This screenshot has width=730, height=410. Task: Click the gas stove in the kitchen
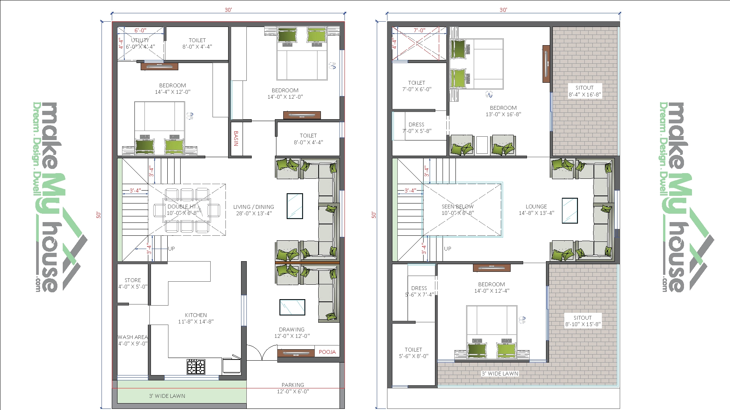pyautogui.click(x=196, y=367)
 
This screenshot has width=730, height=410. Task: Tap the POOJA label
pyautogui.click(x=327, y=352)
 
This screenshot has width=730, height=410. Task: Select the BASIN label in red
pyautogui.click(x=236, y=139)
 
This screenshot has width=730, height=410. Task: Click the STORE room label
pyautogui.click(x=133, y=280)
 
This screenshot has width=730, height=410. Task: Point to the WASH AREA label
pyautogui.click(x=133, y=337)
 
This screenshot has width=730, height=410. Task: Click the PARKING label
pyautogui.click(x=293, y=385)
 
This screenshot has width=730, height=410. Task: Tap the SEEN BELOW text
pyautogui.click(x=458, y=207)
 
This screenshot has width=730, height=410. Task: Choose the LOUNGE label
pyautogui.click(x=536, y=207)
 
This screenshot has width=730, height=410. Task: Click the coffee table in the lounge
pyautogui.click(x=570, y=210)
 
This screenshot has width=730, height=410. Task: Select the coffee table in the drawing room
pyautogui.click(x=292, y=307)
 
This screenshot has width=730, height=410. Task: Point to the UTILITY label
pyautogui.click(x=140, y=40)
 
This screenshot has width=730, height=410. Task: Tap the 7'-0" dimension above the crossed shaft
pyautogui.click(x=419, y=30)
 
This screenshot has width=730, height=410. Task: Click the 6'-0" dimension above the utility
pyautogui.click(x=140, y=30)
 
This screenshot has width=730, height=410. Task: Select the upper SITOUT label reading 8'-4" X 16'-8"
pyautogui.click(x=584, y=91)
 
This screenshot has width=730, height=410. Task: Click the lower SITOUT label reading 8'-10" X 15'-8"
pyautogui.click(x=583, y=321)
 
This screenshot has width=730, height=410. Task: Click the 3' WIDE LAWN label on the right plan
pyautogui.click(x=500, y=374)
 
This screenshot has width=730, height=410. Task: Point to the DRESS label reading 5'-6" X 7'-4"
pyautogui.click(x=419, y=291)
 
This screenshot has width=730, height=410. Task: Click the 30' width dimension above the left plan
pyautogui.click(x=228, y=10)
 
